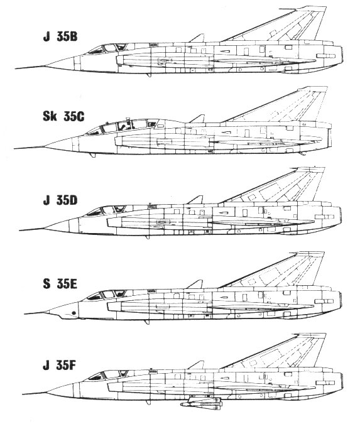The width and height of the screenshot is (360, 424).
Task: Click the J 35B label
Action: tap(60, 37)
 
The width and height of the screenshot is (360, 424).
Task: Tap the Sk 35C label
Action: tap(63, 117)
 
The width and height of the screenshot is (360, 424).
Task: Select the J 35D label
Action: tap(60, 200)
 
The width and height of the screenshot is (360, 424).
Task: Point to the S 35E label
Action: tap(60, 284)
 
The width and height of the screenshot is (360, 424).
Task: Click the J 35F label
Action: tap(59, 366)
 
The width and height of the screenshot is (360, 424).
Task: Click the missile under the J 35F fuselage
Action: tap(201, 402)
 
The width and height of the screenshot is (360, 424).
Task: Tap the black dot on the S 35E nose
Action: tap(74, 313)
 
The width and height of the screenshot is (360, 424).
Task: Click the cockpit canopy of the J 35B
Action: tap(107, 48)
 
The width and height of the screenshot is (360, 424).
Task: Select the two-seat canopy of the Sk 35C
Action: tap(121, 126)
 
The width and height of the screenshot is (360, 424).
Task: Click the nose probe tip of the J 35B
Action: tap(16, 68)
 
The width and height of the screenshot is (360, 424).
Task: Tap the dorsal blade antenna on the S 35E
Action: tap(196, 284)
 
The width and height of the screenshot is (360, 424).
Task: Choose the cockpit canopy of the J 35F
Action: tap(108, 375)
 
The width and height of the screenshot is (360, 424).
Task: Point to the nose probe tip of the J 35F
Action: tap(23, 394)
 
